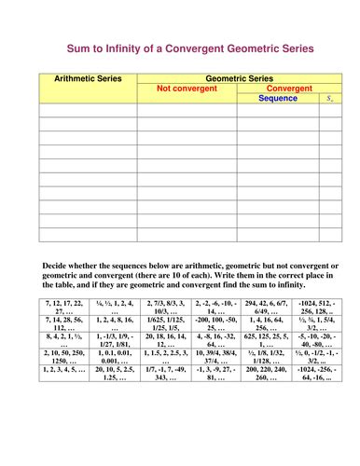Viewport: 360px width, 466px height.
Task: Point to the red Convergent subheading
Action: pos(289,89)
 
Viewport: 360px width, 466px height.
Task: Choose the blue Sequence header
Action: pos(277,98)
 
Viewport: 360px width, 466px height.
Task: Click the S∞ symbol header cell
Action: pos(330,98)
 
